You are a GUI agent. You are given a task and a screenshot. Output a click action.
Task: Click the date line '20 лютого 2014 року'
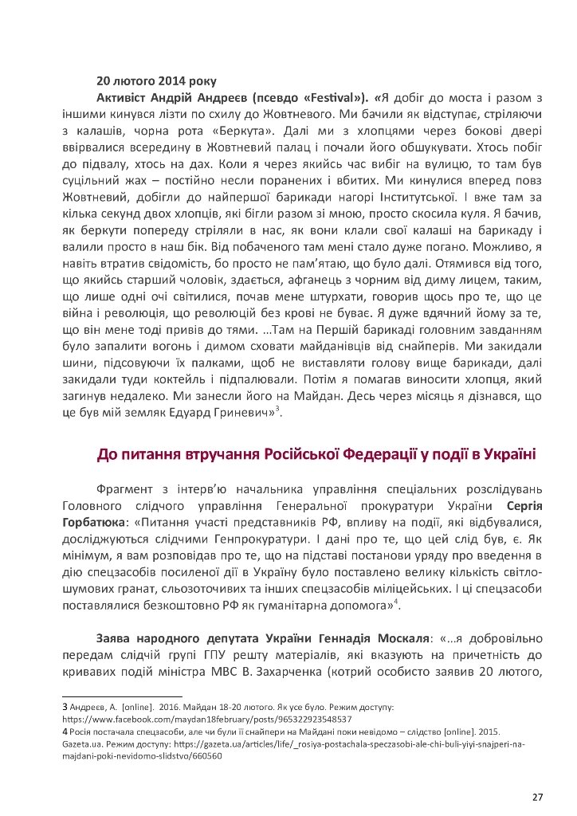(x=150, y=80)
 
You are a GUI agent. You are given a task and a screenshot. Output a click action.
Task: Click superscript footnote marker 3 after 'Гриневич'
(x=277, y=410)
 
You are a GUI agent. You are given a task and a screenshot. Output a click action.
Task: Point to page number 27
(x=536, y=797)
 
